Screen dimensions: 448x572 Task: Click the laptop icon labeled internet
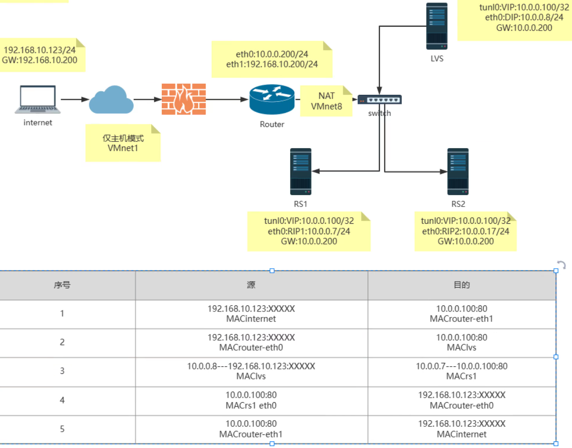pos(38,99)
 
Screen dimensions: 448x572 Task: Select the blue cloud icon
pos(111,100)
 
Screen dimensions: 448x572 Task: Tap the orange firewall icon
pos(183,99)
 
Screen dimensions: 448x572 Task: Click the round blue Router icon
pos(272,99)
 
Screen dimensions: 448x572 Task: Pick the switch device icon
pos(379,100)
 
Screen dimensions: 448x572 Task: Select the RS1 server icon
pos(300,171)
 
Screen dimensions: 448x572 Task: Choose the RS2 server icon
pos(458,171)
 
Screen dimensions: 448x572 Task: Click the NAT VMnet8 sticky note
pos(326,101)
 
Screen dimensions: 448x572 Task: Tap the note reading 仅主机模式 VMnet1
pos(123,143)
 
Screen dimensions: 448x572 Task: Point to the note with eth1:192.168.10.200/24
pos(272,59)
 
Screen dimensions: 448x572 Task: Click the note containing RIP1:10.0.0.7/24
pos(308,232)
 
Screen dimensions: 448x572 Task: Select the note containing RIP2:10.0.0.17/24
pos(465,232)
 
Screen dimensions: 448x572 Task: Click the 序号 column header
pos(62,285)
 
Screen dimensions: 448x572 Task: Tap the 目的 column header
pos(462,285)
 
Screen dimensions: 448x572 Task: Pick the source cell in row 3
pos(251,371)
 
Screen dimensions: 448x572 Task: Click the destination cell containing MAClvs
pos(462,343)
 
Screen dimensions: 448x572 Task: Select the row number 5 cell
pos(62,429)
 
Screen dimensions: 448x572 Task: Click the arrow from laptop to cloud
pos(75,100)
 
